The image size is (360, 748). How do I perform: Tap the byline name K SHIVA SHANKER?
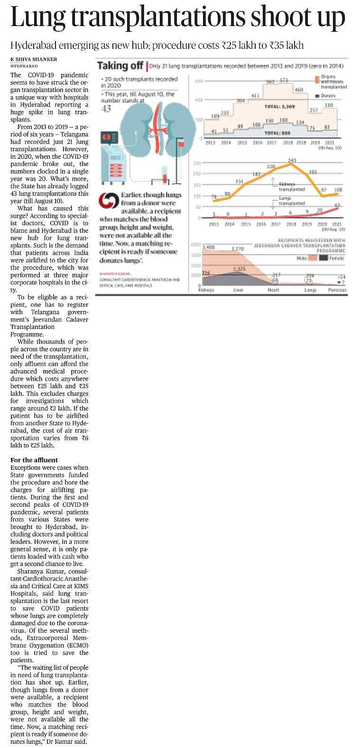[34, 59]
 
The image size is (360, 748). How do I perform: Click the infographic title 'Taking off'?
[119, 66]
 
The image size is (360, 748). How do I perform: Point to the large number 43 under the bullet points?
[106, 109]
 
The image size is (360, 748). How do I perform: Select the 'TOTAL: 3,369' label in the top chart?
[280, 107]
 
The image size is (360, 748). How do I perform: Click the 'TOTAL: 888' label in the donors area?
[278, 133]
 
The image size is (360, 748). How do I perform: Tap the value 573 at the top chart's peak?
[284, 81]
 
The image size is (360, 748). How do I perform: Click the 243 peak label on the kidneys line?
[292, 160]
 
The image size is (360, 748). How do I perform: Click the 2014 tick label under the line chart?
[230, 224]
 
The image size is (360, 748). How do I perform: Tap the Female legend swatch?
[323, 257]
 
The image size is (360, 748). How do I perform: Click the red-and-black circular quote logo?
[109, 201]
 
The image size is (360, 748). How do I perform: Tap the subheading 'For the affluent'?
[34, 460]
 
